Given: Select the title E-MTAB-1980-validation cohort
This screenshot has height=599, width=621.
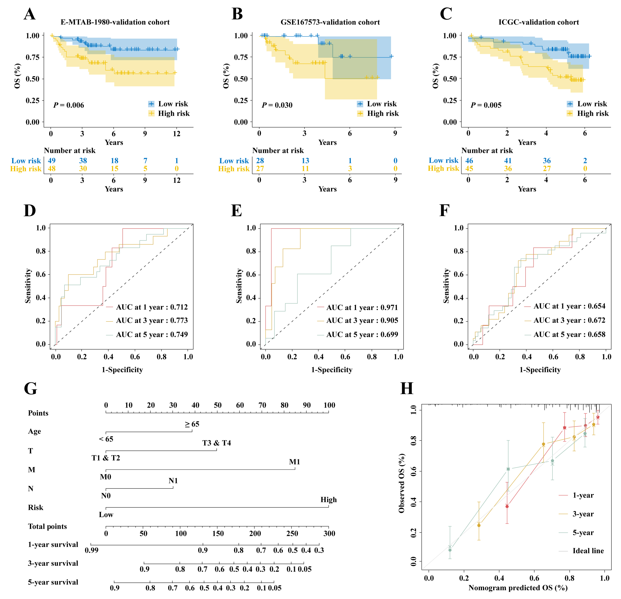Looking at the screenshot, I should (x=115, y=22).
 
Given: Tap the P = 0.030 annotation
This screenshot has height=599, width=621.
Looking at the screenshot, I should (x=277, y=105).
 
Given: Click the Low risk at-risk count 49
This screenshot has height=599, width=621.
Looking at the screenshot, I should (x=52, y=161).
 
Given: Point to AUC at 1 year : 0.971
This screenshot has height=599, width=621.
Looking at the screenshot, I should (x=362, y=307).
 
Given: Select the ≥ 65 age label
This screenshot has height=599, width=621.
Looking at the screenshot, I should (x=192, y=424).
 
